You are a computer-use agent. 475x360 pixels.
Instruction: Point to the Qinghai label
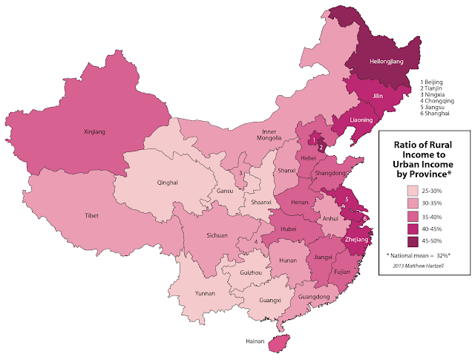point(167,182)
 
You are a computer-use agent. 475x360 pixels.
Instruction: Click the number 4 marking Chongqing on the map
point(255,241)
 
